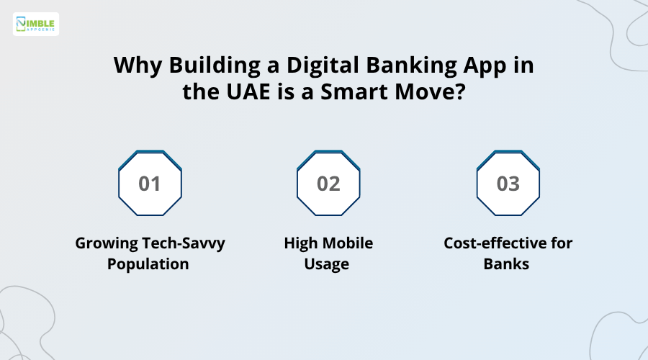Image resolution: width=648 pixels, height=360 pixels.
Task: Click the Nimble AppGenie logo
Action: pyautogui.click(x=36, y=24)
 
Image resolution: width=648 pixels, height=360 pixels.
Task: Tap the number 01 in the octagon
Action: pyautogui.click(x=150, y=184)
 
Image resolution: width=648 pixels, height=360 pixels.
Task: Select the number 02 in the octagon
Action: pyautogui.click(x=328, y=184)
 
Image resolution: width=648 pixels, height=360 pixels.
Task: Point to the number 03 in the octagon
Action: pyautogui.click(x=508, y=184)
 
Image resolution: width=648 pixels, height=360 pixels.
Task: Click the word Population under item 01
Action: pyautogui.click(x=148, y=264)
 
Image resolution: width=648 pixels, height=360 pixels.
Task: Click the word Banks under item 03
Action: pyautogui.click(x=507, y=264)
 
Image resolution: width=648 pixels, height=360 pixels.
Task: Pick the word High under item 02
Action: pyautogui.click(x=300, y=243)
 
